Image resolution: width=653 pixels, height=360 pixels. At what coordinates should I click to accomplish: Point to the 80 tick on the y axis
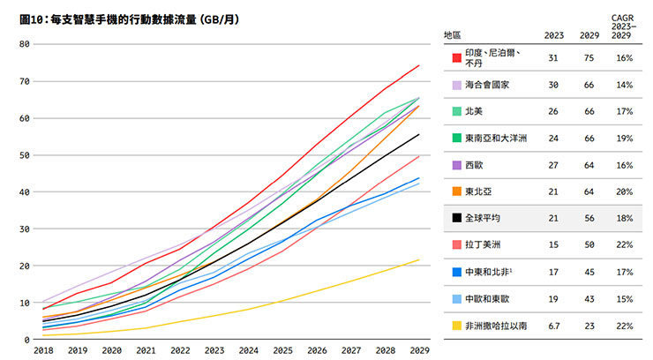(24, 44)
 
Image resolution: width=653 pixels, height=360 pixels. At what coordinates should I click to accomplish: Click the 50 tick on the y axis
(24, 155)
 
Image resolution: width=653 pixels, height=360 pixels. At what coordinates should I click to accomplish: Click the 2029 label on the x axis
(419, 350)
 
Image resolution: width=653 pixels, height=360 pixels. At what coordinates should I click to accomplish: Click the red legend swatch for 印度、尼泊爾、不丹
(456, 58)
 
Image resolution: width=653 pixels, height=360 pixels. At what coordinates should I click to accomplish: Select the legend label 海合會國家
(488, 86)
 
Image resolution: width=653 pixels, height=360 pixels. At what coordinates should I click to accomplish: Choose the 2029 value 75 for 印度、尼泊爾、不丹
(587, 58)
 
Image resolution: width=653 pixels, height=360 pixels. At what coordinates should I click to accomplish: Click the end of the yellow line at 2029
(419, 259)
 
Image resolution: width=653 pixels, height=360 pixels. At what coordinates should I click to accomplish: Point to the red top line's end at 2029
(419, 65)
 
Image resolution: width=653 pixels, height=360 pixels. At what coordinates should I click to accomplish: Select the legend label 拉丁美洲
(483, 244)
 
